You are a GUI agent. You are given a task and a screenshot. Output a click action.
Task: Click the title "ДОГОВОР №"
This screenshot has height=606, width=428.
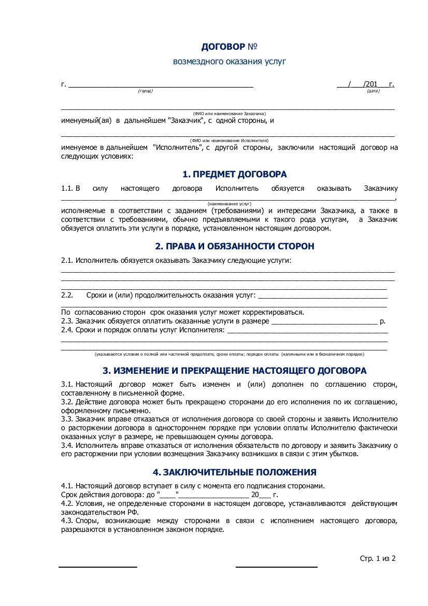[x=229, y=47]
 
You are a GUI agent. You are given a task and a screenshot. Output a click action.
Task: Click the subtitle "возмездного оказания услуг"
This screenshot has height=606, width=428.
[x=229, y=62]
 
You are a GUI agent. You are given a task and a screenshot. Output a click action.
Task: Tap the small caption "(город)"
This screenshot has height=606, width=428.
[x=145, y=91]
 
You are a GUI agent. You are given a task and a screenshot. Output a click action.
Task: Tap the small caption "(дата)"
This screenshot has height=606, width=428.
[x=373, y=91]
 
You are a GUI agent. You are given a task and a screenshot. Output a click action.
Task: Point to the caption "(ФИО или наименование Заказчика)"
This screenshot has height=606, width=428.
[x=229, y=113]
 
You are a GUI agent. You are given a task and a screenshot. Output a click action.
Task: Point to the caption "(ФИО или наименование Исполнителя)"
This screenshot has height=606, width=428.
[x=229, y=140]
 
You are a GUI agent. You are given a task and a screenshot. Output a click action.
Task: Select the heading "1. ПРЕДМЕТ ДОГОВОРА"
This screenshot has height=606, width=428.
[x=234, y=175]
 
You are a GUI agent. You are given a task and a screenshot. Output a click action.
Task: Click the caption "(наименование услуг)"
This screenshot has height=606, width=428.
[x=229, y=205]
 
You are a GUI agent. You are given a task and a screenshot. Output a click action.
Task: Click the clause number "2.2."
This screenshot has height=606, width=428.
[x=67, y=295]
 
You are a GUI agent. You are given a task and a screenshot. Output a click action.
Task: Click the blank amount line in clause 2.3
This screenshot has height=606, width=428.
[x=324, y=322]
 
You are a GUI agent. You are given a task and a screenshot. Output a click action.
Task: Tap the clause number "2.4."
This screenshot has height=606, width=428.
[x=67, y=330]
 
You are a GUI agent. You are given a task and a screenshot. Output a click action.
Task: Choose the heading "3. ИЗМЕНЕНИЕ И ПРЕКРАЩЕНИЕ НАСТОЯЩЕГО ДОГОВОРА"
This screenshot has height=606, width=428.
[x=234, y=371]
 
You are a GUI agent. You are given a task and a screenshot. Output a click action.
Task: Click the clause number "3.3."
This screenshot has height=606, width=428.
[x=67, y=418]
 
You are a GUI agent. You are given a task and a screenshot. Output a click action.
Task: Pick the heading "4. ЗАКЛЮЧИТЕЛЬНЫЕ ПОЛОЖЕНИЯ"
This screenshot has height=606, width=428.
[x=234, y=472]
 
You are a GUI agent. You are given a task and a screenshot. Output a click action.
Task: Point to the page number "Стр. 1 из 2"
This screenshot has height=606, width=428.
[x=378, y=558]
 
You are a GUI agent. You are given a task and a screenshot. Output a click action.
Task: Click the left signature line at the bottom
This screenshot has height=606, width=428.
[x=98, y=567]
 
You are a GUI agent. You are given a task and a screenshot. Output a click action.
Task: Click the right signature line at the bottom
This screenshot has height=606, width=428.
[x=277, y=567]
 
